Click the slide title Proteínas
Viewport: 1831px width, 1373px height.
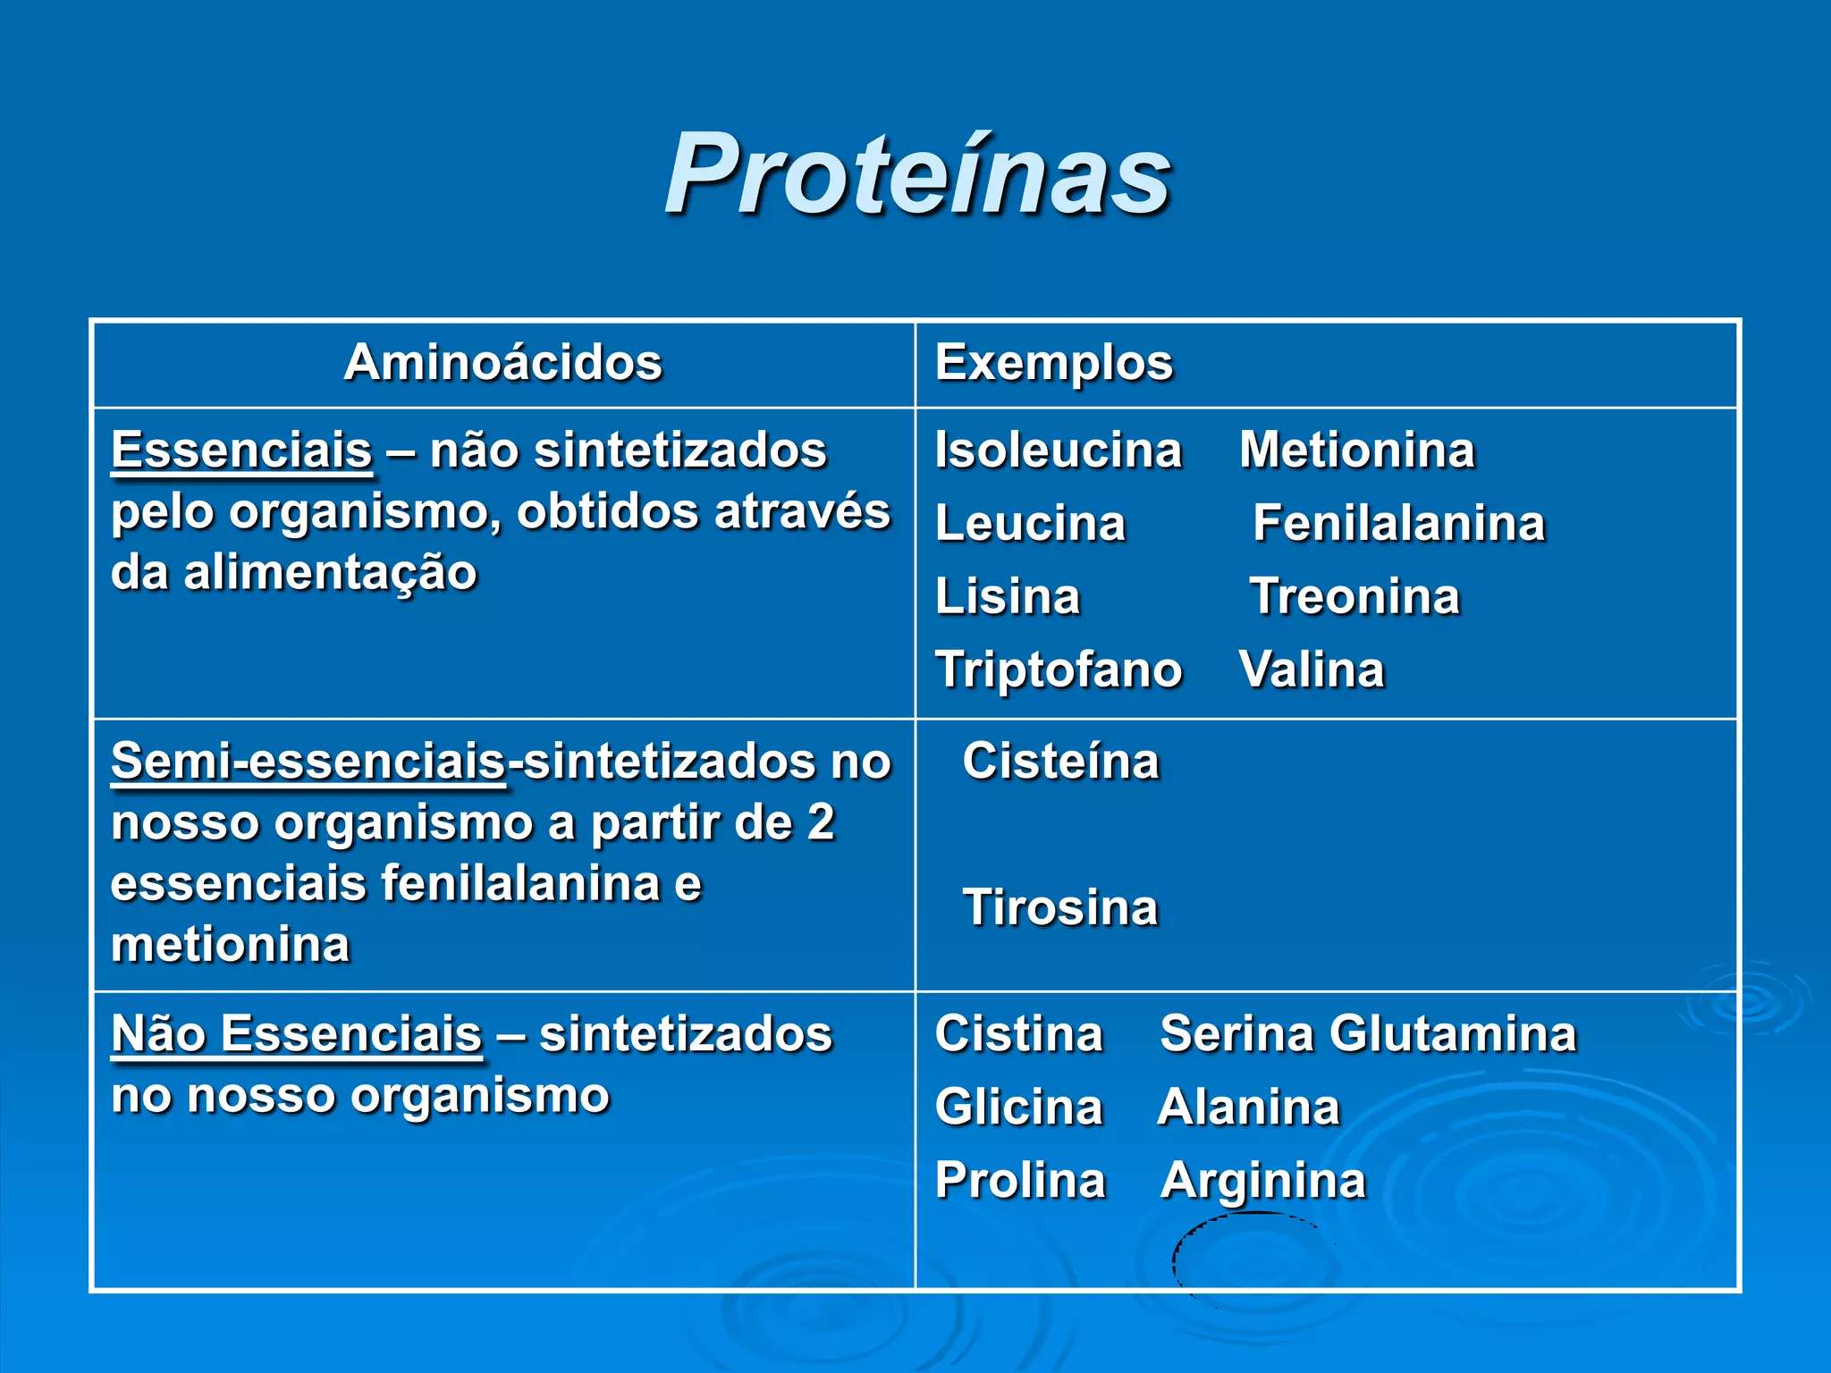(917, 174)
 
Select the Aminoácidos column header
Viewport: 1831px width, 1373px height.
(502, 363)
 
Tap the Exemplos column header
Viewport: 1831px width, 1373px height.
(1053, 363)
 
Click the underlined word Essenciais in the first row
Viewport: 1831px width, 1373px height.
(241, 450)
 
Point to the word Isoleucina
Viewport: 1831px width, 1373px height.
(1058, 450)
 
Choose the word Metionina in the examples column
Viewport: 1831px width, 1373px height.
(1356, 450)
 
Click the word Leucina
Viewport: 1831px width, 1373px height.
(1030, 523)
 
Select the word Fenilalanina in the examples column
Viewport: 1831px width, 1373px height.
(1398, 523)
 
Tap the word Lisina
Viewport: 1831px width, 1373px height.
(1008, 596)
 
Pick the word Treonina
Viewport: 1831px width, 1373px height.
(1354, 596)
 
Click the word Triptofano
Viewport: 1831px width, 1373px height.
(1059, 670)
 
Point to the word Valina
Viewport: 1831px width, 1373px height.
(1312, 670)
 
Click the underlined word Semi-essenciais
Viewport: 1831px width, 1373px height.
(308, 762)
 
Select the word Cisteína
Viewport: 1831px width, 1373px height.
(1060, 762)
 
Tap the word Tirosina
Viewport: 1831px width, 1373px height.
(1060, 908)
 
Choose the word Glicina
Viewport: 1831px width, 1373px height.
(1018, 1108)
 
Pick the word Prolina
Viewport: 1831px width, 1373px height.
(1020, 1181)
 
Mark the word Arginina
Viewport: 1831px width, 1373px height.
(1263, 1181)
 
